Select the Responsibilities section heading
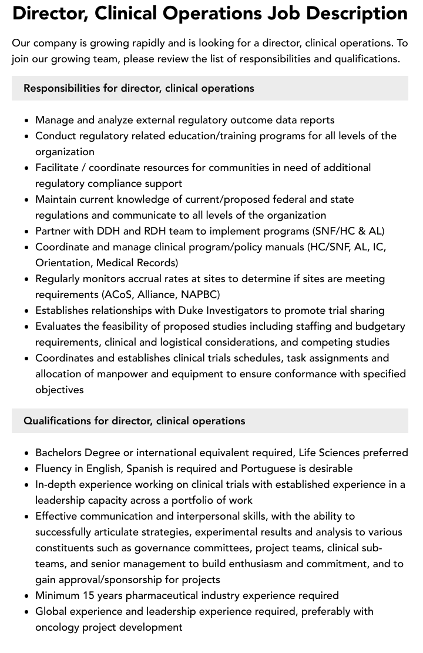(139, 88)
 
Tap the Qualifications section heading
(135, 421)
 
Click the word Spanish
(137, 468)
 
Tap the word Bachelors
(59, 453)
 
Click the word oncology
(58, 627)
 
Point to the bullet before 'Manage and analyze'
(26, 120)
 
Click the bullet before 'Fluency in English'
(26, 469)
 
